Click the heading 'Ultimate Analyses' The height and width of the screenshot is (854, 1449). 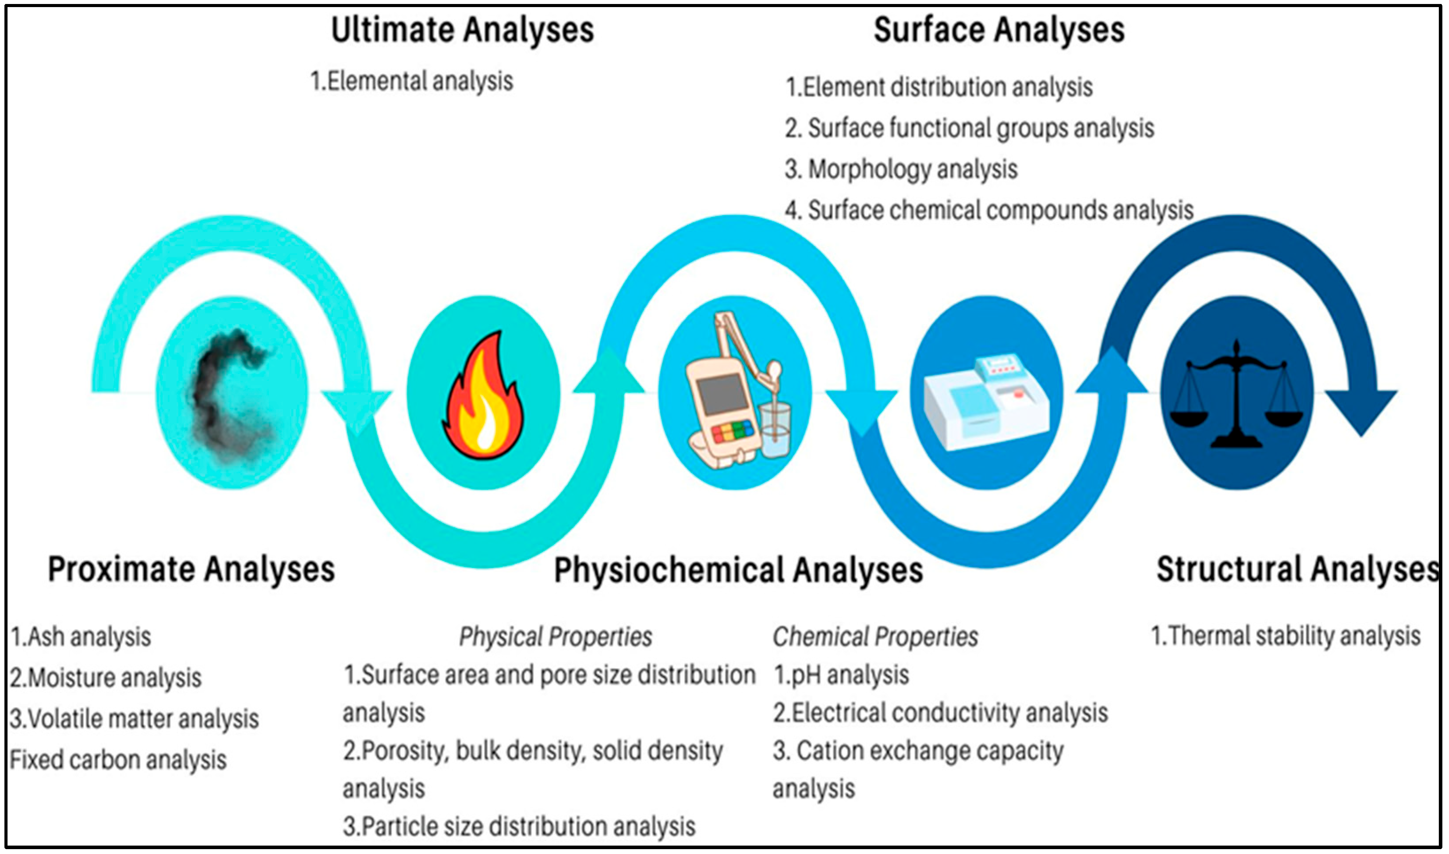tap(462, 30)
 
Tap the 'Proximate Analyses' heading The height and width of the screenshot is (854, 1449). tap(191, 569)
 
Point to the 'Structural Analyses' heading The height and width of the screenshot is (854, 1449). tap(1298, 569)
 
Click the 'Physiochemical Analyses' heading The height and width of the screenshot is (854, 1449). tap(738, 570)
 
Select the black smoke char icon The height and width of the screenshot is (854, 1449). tap(230, 394)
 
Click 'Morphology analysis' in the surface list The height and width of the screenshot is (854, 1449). tap(901, 169)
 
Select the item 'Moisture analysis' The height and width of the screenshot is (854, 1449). tap(106, 677)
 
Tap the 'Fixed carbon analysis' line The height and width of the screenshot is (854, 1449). tap(118, 760)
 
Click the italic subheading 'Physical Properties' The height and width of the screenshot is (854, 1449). tap(555, 637)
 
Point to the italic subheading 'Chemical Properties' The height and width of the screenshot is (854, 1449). tap(875, 637)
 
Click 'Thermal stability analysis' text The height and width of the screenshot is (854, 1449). tap(1285, 636)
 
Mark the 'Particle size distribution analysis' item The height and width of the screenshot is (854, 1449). tap(519, 827)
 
